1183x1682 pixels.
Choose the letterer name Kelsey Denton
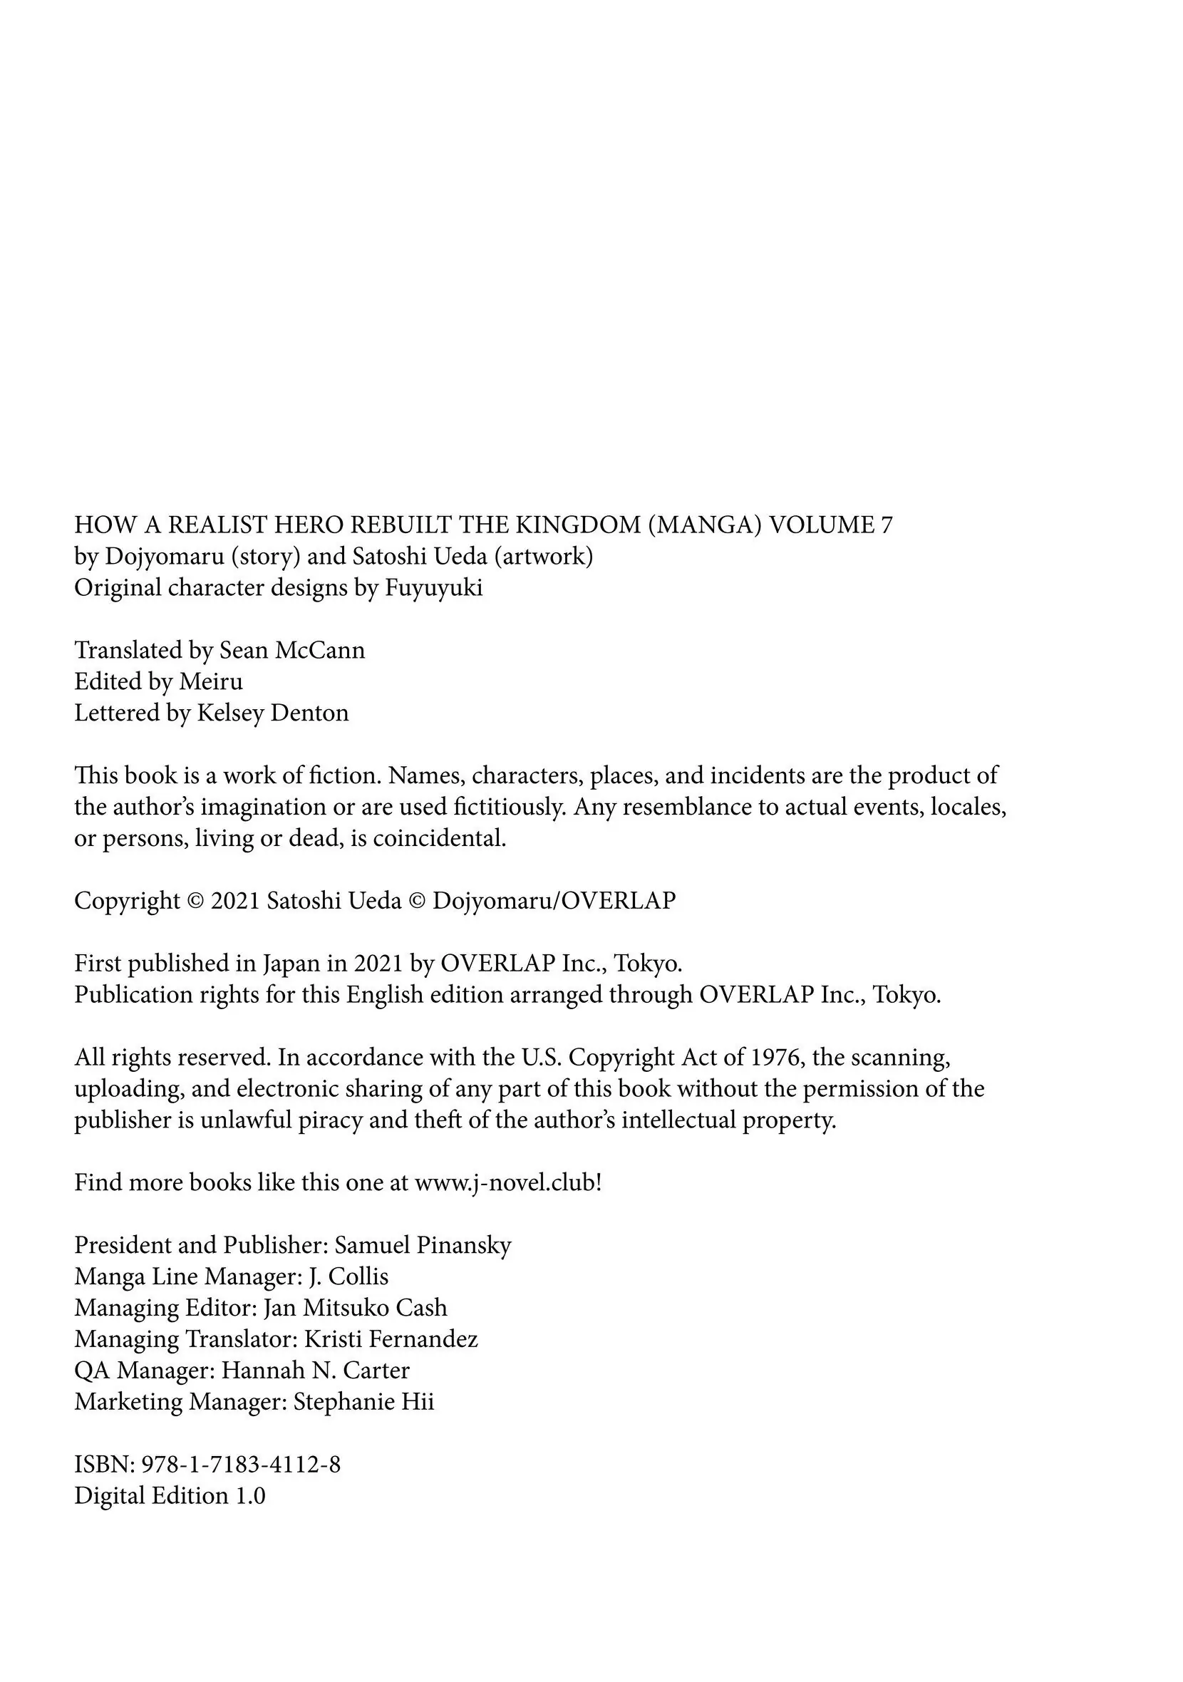(x=272, y=713)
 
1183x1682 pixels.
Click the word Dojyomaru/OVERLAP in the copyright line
(x=554, y=900)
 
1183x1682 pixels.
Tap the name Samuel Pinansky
(x=423, y=1245)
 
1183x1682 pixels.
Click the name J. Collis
(x=348, y=1277)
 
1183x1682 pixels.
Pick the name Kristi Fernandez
(x=391, y=1339)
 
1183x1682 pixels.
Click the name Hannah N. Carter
(x=315, y=1371)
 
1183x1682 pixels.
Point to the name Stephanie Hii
(x=363, y=1402)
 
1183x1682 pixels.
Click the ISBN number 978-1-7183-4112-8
(x=241, y=1465)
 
